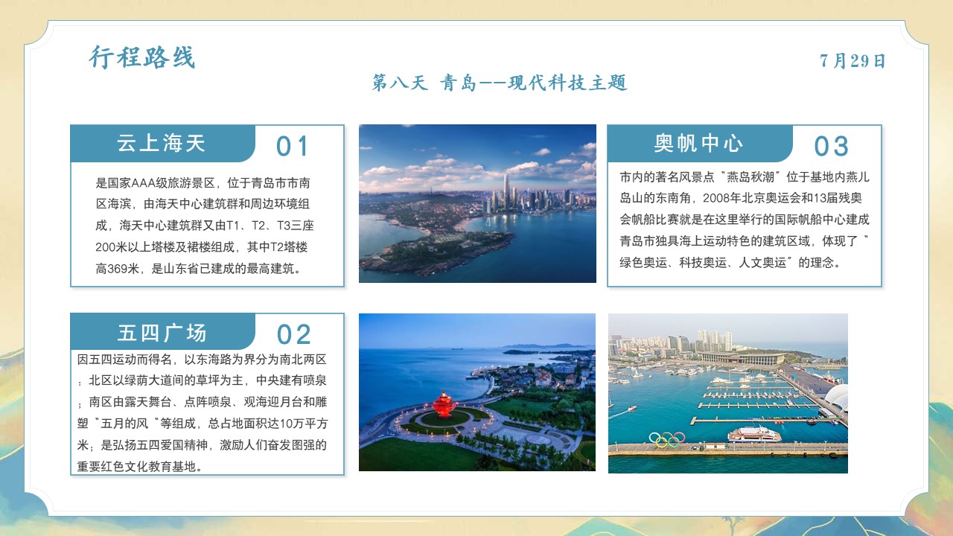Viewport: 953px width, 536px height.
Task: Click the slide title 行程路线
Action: [142, 57]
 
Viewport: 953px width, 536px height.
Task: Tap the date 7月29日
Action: [852, 61]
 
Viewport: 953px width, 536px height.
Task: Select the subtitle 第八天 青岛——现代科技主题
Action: [500, 83]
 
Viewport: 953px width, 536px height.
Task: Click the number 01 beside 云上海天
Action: [292, 146]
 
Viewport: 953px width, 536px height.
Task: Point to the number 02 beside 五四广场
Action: [293, 334]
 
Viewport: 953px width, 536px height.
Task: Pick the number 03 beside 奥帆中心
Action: [831, 146]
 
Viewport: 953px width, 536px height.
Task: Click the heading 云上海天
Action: [162, 144]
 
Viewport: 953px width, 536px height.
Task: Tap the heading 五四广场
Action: [162, 333]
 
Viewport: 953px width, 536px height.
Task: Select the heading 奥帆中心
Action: [698, 144]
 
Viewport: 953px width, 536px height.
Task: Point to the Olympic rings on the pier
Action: [666, 440]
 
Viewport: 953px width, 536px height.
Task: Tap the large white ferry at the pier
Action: [754, 434]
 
